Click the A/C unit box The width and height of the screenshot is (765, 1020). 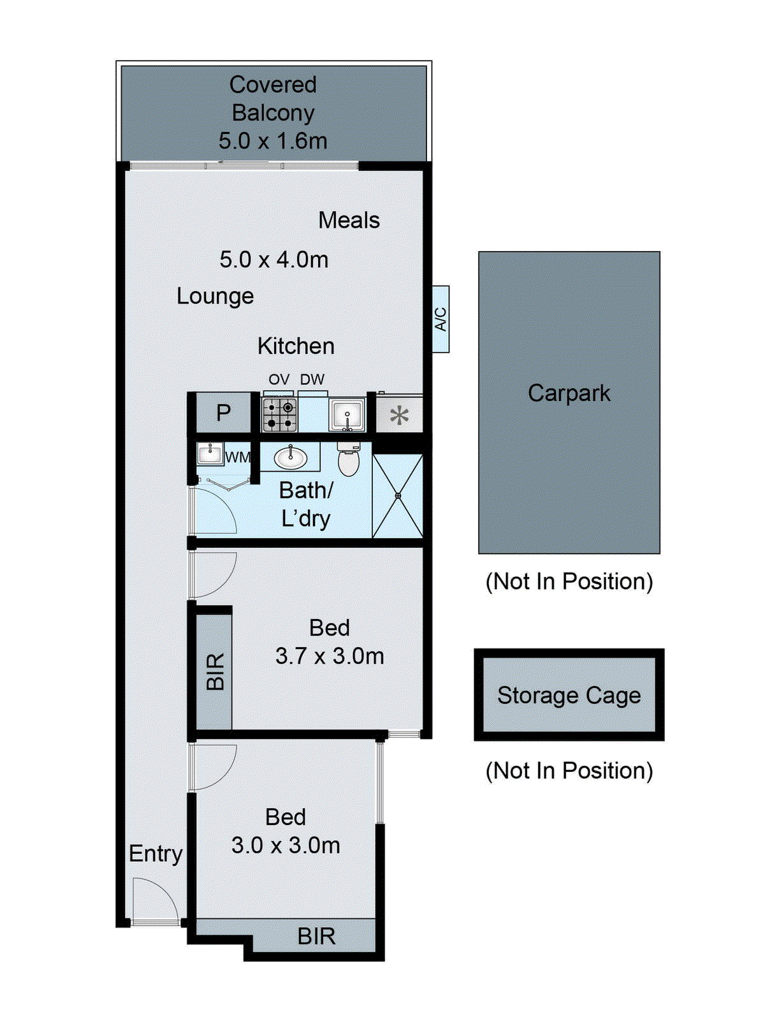point(441,319)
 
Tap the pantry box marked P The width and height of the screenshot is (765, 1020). point(223,413)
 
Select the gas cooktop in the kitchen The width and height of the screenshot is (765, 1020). point(280,414)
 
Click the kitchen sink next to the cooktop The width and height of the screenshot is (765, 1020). point(347,415)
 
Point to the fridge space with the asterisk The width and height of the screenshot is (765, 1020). point(399,416)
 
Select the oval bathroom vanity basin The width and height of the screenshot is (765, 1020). point(291,457)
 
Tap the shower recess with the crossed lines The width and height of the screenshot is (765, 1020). point(398,495)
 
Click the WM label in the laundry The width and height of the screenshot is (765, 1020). point(237,457)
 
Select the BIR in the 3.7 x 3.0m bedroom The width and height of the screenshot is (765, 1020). point(214,671)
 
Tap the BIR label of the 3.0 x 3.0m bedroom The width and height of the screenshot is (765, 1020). point(316,936)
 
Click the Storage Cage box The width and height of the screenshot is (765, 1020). point(569,695)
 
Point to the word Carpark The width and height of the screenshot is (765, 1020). point(569,393)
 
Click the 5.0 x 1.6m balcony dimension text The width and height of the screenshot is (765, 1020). point(273,141)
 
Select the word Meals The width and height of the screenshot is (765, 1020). point(349,221)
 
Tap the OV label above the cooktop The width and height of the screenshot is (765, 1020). point(279,379)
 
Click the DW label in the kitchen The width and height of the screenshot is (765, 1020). point(312,379)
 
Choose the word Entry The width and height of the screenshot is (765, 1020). point(156,853)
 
